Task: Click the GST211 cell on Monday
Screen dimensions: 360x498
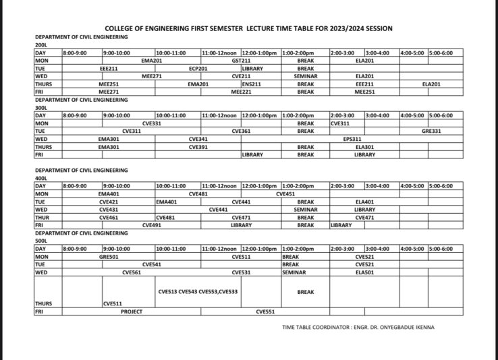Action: (241, 61)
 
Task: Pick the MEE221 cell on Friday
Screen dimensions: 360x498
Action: (241, 92)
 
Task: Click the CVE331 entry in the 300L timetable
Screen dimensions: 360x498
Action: (151, 123)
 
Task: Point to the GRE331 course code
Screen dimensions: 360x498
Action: (431, 131)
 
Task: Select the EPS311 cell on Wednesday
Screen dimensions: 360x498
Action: (353, 139)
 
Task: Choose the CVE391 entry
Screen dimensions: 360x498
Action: (198, 146)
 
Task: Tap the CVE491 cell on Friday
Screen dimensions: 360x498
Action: (151, 225)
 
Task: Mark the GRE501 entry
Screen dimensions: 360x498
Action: (109, 257)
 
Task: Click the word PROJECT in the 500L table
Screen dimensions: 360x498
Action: (132, 312)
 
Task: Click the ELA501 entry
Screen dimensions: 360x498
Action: (364, 272)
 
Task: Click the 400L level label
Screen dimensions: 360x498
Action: (42, 178)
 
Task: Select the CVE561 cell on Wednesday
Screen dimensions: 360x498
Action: (132, 272)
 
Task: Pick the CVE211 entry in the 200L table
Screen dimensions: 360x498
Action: (241, 76)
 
